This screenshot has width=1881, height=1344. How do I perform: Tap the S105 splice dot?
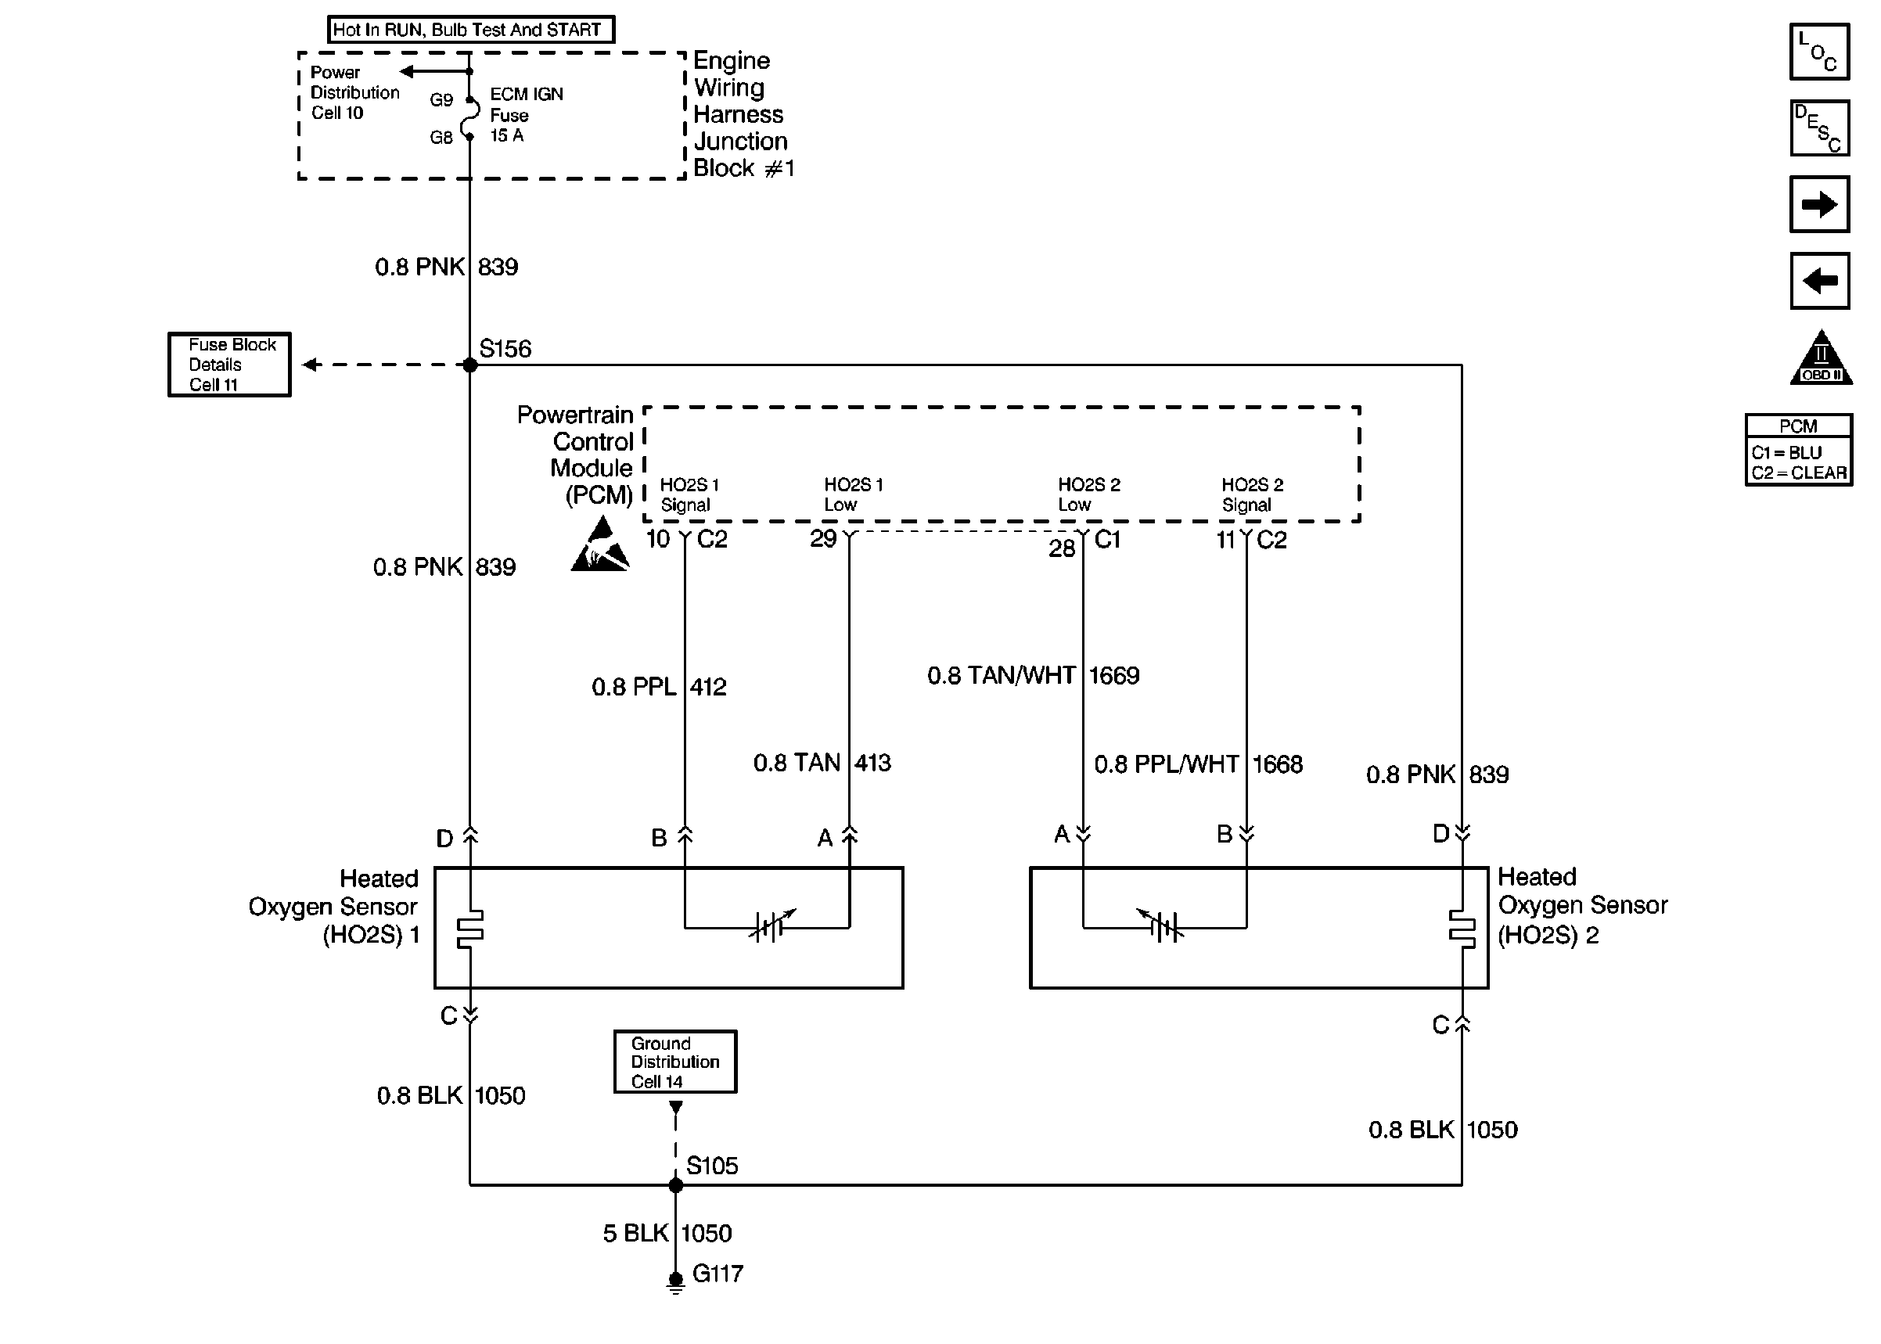click(675, 1185)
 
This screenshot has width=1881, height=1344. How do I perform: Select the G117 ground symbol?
click(675, 1282)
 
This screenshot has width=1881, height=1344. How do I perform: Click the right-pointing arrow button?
click(1819, 203)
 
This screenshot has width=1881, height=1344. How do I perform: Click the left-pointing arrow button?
click(1819, 281)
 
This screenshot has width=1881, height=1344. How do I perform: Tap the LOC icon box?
click(1819, 52)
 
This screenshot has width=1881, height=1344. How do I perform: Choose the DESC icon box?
click(1819, 128)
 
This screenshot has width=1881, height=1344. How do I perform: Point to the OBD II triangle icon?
click(1821, 358)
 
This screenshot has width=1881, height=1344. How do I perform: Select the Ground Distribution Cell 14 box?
click(675, 1062)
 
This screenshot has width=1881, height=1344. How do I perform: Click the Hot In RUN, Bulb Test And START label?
click(471, 30)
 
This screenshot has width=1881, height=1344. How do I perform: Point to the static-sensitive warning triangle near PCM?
click(600, 544)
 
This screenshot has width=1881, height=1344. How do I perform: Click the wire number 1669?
click(1114, 675)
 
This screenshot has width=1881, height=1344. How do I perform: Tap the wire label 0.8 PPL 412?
click(659, 687)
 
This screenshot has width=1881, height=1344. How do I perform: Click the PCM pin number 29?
click(822, 539)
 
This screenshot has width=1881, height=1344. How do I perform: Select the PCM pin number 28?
click(1062, 548)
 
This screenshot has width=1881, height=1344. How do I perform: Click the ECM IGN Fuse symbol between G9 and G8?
click(470, 117)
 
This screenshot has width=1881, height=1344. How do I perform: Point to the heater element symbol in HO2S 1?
click(470, 928)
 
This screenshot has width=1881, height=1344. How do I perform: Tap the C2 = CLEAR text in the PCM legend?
click(1799, 473)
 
